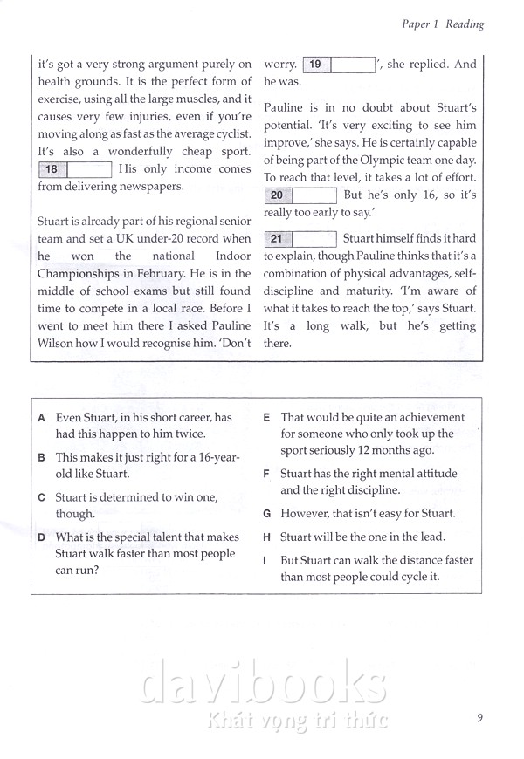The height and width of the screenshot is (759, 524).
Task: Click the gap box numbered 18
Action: (75, 169)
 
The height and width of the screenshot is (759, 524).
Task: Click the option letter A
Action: (42, 418)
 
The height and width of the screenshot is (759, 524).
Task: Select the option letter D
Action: (42, 537)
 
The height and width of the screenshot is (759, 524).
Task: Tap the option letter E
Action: (266, 418)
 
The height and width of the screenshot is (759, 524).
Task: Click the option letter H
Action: (266, 537)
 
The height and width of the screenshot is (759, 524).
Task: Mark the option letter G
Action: (266, 514)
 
